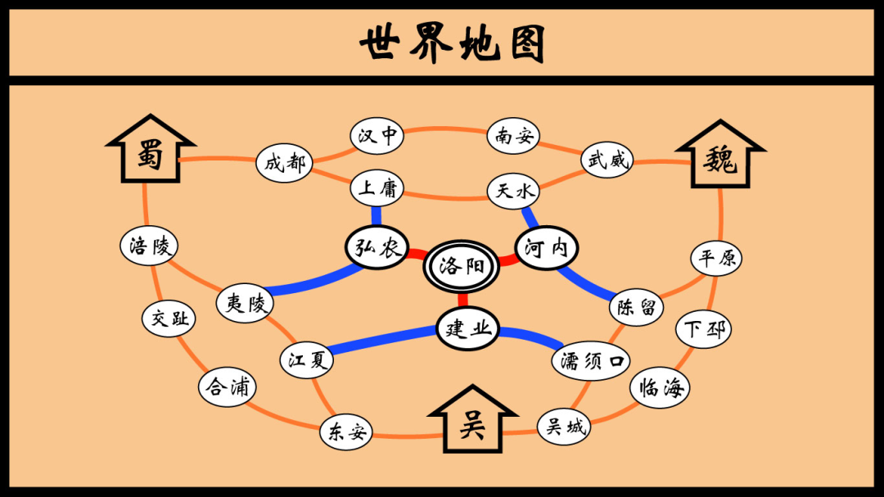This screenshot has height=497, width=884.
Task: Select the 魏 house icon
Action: pyautogui.click(x=720, y=159)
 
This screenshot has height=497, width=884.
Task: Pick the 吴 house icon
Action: pyautogui.click(x=471, y=422)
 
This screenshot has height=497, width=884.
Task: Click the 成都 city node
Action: pyautogui.click(x=284, y=163)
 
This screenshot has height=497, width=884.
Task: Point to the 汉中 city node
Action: pyautogui.click(x=377, y=136)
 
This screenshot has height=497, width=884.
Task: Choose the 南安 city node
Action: pyautogui.click(x=514, y=137)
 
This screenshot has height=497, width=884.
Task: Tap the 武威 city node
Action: pyautogui.click(x=607, y=160)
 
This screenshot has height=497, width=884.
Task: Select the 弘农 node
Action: pyautogui.click(x=377, y=246)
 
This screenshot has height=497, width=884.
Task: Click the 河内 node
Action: pyautogui.click(x=546, y=247)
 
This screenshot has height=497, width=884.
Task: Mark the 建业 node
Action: pyautogui.click(x=467, y=328)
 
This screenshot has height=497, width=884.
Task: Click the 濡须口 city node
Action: pyautogui.click(x=592, y=360)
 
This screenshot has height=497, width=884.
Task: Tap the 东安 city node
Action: pyautogui.click(x=346, y=431)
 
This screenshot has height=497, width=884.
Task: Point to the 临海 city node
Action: pyautogui.click(x=660, y=388)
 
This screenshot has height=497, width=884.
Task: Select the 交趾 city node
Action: pyautogui.click(x=170, y=318)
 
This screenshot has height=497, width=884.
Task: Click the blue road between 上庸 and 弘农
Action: pyautogui.click(x=377, y=215)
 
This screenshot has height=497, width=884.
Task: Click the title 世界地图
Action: pyautogui.click(x=452, y=43)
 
